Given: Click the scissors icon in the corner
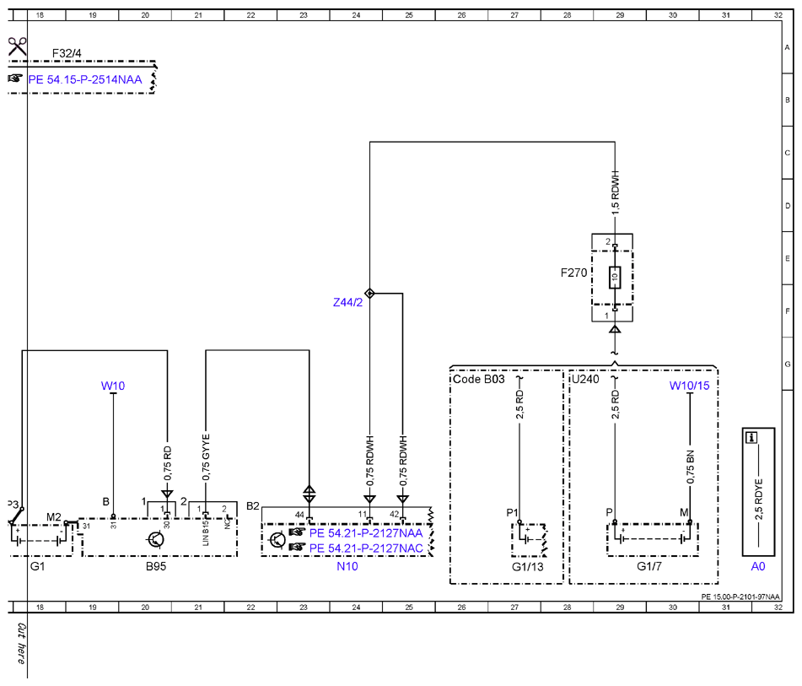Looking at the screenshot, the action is [17, 46].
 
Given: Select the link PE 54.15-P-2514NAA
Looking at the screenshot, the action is [85, 79].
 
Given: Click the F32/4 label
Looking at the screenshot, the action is [67, 53].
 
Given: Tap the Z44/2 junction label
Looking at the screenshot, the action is [347, 303].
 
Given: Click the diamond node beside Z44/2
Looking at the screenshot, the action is [370, 294].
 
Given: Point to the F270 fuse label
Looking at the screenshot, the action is [573, 273].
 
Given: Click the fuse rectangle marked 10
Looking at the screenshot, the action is [615, 278].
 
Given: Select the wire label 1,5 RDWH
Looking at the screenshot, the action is [616, 192].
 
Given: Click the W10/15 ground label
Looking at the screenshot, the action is [690, 386].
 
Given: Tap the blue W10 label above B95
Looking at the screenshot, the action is [113, 386].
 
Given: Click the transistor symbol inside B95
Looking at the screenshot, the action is [155, 539].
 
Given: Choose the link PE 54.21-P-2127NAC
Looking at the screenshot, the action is [366, 548].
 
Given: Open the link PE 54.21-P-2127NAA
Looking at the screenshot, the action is [366, 533].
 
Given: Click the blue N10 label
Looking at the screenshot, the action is [347, 566].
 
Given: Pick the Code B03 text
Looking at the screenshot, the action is [479, 379].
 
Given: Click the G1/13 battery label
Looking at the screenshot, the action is [528, 567].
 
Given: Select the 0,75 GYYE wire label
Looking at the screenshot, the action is [206, 457].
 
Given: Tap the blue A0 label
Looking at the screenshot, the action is [758, 566].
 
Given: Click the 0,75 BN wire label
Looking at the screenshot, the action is [691, 467].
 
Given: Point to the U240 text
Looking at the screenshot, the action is [585, 379].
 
